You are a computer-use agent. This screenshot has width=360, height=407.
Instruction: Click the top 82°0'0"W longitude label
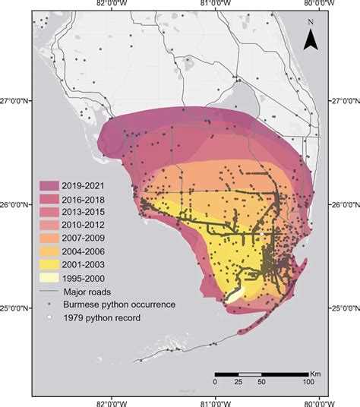tap(112, 6)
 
